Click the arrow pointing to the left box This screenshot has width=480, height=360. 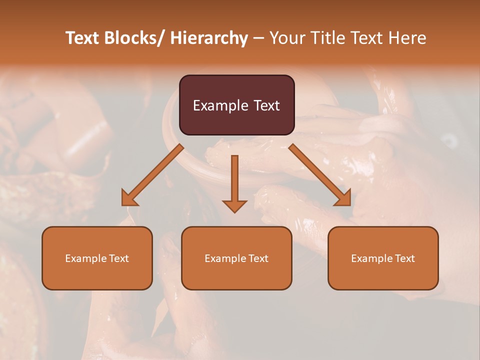coord(152,175)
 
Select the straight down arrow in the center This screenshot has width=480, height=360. coord(234,180)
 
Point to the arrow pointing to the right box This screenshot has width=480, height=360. coord(320,175)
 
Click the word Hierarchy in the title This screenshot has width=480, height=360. coord(209,38)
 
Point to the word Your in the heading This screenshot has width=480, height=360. coord(285,38)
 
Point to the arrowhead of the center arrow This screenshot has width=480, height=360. coord(234,206)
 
